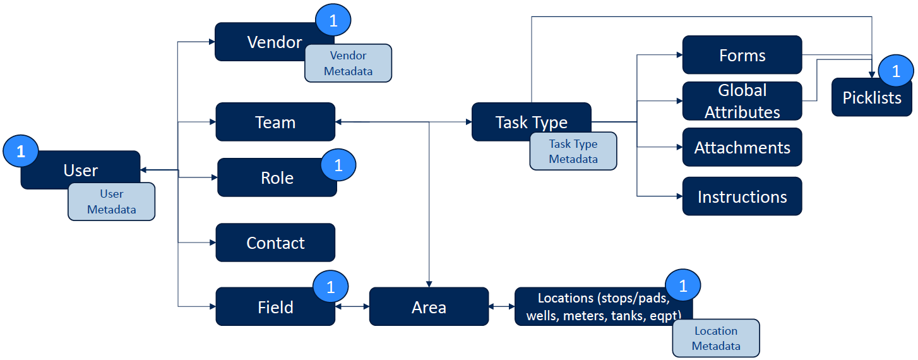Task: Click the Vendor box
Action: click(x=265, y=42)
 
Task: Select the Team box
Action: click(x=275, y=122)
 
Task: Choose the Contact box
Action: click(x=275, y=243)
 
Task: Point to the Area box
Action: click(x=429, y=307)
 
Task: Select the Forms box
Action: click(x=742, y=56)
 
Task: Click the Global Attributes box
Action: click(x=742, y=101)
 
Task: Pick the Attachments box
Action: click(x=742, y=147)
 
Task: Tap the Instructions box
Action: click(x=742, y=196)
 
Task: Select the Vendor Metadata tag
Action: click(x=348, y=63)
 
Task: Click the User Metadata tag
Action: click(x=111, y=201)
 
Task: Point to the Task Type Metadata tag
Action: click(x=573, y=152)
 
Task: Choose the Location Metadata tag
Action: click(x=715, y=339)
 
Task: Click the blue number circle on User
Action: click(x=21, y=152)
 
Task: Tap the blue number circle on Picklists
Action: click(x=895, y=72)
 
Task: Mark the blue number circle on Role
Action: click(x=338, y=165)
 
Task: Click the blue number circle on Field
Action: click(x=330, y=287)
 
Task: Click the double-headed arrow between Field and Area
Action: click(x=352, y=307)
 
